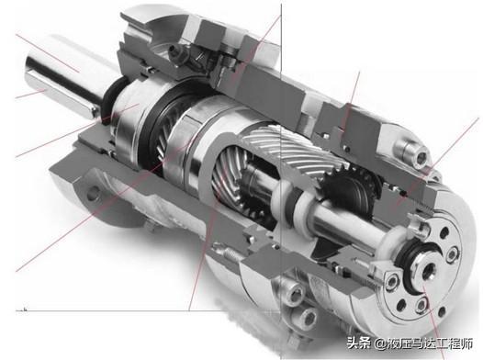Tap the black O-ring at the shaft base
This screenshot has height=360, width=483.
(110, 98)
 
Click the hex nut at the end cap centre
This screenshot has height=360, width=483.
(427, 270)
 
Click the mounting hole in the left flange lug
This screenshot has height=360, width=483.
(94, 194)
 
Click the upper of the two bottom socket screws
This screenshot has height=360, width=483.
(294, 296)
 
